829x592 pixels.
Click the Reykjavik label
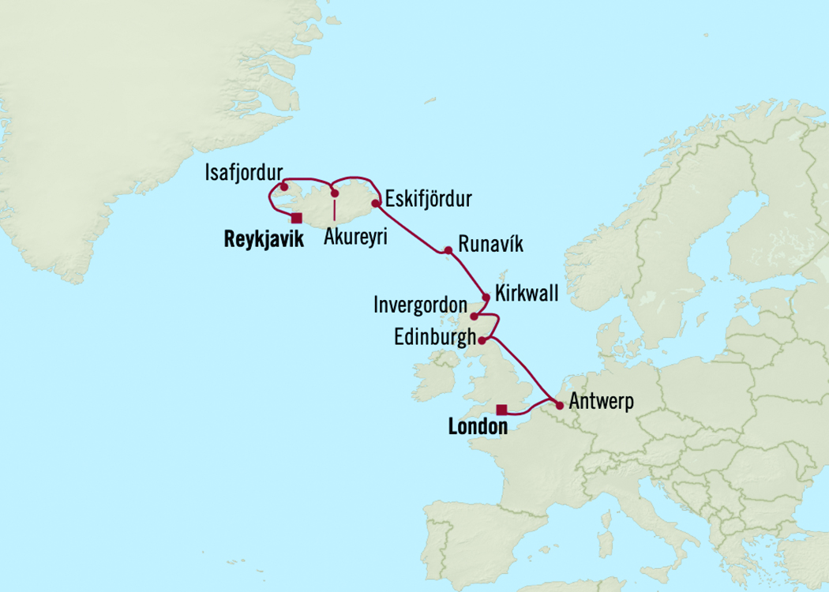264,239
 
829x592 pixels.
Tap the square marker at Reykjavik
296,218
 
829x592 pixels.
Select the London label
477,427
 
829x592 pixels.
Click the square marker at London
501,409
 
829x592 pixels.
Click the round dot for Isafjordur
283,188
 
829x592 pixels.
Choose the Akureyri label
355,237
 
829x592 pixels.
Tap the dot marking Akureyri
335,193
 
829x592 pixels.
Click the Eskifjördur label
428,199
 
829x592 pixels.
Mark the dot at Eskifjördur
376,204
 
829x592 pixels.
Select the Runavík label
485,245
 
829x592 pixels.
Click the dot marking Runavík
448,251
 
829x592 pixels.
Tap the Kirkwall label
527,294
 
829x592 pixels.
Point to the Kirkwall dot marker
486,298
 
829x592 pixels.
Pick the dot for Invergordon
474,317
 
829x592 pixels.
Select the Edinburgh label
434,337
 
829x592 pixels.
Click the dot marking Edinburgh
482,340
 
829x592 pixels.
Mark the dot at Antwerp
559,406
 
